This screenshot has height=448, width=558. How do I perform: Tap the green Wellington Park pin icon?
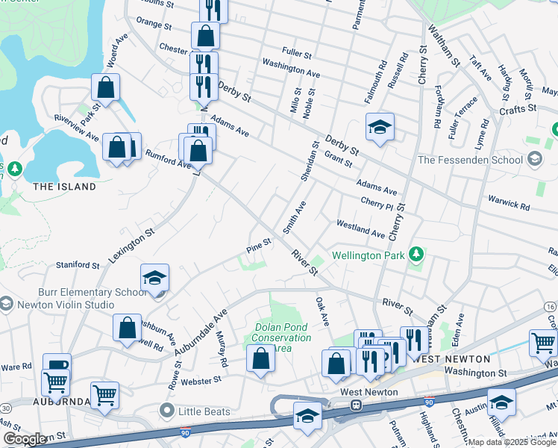[417, 255]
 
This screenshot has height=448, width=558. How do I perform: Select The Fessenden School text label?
[469, 159]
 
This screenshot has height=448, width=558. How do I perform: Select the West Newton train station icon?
[357, 405]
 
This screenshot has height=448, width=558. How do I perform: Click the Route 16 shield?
[550, 307]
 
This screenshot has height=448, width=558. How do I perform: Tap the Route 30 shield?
[5, 408]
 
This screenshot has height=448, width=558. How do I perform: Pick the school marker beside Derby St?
[380, 126]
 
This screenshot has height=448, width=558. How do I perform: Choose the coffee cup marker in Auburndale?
[57, 366]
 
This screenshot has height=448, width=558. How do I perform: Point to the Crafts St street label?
[518, 108]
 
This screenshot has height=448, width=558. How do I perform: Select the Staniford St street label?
[78, 265]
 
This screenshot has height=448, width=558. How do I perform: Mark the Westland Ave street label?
[360, 228]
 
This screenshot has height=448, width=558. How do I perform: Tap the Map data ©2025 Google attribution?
[511, 442]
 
